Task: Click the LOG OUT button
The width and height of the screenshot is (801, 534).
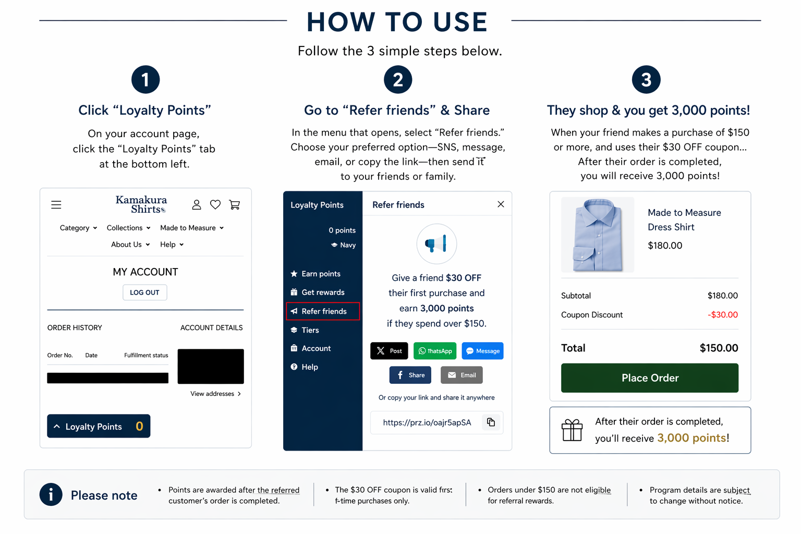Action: pyautogui.click(x=144, y=292)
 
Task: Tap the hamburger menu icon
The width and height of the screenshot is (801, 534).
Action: pyautogui.click(x=56, y=205)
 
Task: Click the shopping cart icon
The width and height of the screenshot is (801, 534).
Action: pyautogui.click(x=235, y=204)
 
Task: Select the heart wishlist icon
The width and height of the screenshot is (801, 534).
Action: pyautogui.click(x=215, y=204)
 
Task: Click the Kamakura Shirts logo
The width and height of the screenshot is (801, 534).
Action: pyautogui.click(x=141, y=204)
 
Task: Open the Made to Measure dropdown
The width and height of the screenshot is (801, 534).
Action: pyautogui.click(x=192, y=228)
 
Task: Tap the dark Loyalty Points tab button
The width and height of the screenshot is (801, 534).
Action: pyautogui.click(x=99, y=426)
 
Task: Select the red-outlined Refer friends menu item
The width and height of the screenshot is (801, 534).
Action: pyautogui.click(x=323, y=311)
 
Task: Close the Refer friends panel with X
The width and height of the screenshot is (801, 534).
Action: pyautogui.click(x=501, y=204)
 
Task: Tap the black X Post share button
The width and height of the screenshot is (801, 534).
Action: pyautogui.click(x=389, y=351)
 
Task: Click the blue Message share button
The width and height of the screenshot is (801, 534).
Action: pyautogui.click(x=483, y=351)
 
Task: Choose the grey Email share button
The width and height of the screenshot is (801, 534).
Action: pyautogui.click(x=462, y=375)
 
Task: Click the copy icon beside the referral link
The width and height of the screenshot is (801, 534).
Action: pyautogui.click(x=491, y=422)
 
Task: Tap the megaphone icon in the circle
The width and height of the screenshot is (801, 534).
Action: pyautogui.click(x=436, y=244)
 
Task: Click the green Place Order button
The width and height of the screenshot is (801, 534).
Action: pyautogui.click(x=650, y=378)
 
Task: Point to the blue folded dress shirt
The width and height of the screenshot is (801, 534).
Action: pyautogui.click(x=598, y=235)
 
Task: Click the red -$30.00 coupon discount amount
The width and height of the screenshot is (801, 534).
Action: pyautogui.click(x=723, y=315)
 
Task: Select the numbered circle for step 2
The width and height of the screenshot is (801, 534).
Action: pyautogui.click(x=398, y=79)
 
